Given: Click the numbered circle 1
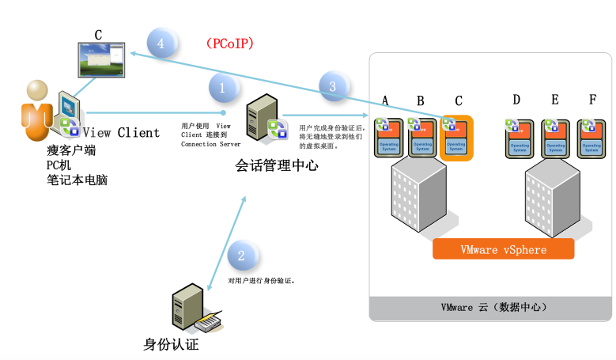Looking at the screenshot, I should (222, 88).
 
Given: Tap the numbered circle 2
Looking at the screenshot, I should (242, 255).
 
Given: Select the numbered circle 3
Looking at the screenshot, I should (333, 85).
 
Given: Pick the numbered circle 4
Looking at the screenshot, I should (161, 44).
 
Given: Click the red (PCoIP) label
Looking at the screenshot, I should (233, 43).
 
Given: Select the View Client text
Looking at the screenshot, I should (121, 133).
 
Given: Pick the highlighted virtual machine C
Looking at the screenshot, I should (455, 138).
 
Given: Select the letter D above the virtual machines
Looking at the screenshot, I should (516, 100).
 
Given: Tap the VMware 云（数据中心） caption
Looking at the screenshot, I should (493, 307).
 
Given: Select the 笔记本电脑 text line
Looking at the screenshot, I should (77, 180).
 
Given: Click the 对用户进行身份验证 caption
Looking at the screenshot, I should (262, 280).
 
